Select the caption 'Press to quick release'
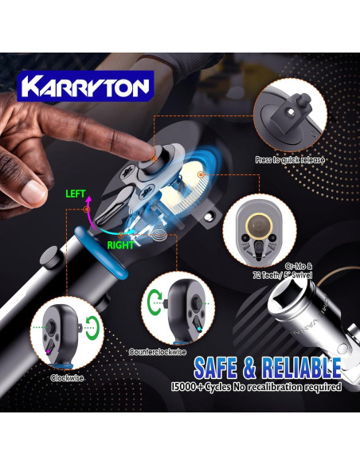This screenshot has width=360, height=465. point(290,159)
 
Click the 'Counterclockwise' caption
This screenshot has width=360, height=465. point(157,351)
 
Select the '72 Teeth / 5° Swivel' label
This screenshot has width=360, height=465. point(288,274)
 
